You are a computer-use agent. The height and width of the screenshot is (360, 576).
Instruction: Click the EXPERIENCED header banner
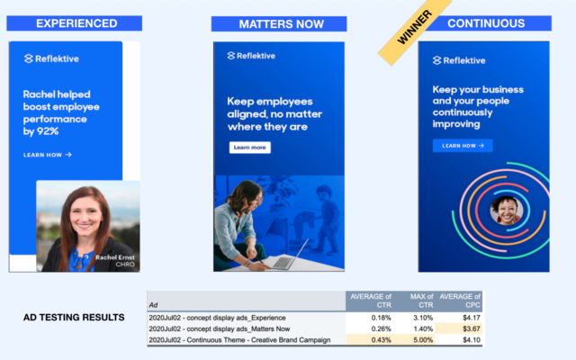[x=74, y=23]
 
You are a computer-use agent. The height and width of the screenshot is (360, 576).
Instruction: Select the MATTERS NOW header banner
[x=279, y=24]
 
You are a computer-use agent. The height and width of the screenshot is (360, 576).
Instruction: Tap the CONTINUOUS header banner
[x=487, y=23]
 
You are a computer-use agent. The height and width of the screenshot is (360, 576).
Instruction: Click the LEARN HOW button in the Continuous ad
[x=463, y=146]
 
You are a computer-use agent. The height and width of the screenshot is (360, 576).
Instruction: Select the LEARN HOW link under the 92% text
[x=48, y=155]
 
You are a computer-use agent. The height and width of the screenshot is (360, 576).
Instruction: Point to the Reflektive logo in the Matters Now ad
[x=251, y=56]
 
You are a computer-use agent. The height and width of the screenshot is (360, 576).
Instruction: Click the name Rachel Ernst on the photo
[x=115, y=257]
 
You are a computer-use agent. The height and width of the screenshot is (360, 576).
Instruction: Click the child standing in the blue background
[x=326, y=220]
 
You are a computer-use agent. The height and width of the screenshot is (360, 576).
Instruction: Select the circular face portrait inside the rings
[x=507, y=211]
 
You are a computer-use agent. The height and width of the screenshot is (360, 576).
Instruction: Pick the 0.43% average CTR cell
[x=369, y=340]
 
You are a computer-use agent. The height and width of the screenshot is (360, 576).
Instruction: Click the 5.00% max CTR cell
[x=413, y=340]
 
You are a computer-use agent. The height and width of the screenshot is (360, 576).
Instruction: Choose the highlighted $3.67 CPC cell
[x=459, y=328]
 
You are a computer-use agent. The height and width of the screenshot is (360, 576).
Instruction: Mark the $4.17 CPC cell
[x=459, y=318]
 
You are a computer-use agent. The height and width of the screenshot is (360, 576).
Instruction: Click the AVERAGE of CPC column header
[x=460, y=301]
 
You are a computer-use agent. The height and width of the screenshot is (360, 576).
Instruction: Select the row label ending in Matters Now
[x=220, y=328]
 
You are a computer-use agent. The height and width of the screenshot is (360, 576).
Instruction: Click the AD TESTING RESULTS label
[x=74, y=318]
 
